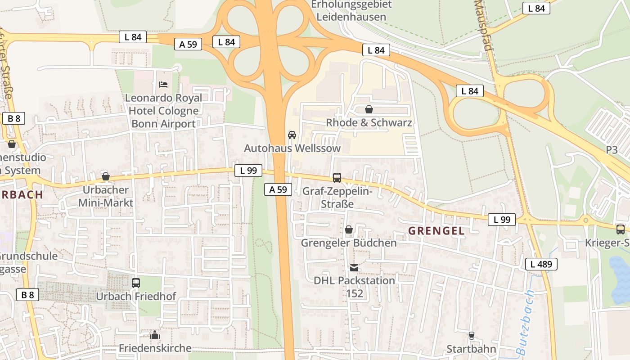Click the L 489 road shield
click(x=541, y=264)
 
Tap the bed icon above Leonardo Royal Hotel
click(x=163, y=84)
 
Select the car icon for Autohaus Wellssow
click(x=292, y=135)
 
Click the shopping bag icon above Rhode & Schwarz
click(x=369, y=109)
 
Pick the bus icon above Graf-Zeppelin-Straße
click(x=337, y=178)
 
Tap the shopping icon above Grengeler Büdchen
click(x=348, y=230)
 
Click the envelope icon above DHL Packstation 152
click(x=354, y=268)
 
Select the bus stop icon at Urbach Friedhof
click(x=135, y=283)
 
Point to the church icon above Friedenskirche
click(x=155, y=335)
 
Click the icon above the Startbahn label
click(x=471, y=336)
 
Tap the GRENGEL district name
click(x=436, y=231)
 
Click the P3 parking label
click(x=612, y=150)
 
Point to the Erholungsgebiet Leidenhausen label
click(x=351, y=11)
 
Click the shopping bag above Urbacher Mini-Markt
click(x=106, y=176)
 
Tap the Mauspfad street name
click(x=484, y=25)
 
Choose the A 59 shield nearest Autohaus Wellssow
click(x=278, y=189)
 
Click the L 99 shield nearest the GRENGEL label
click(x=501, y=220)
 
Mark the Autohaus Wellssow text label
click(x=292, y=148)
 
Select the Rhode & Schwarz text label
click(x=369, y=122)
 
